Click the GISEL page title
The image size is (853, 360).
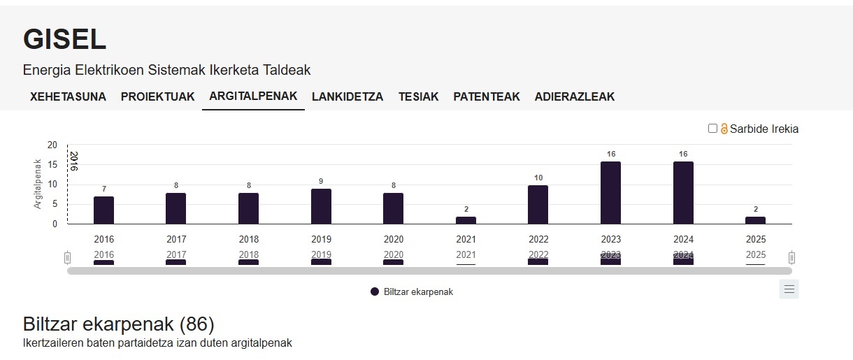point(64,40)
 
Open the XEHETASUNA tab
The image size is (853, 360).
point(68,97)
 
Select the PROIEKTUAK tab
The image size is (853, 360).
point(157,97)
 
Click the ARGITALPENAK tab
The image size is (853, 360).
point(253,96)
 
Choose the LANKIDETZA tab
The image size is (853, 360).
point(347,97)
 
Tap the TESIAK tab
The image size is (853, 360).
point(418,97)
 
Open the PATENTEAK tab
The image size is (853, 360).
point(487,97)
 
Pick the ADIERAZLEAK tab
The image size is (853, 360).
point(575,97)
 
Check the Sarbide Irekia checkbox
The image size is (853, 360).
point(712,129)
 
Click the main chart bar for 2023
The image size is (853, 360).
point(610,193)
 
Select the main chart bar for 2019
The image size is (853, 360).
point(321,206)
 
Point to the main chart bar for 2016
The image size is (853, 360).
point(103,210)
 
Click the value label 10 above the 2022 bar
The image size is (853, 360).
point(538,178)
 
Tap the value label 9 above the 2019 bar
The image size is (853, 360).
point(321,182)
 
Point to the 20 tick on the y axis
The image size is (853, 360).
point(52,145)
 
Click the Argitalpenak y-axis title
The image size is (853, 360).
point(38,185)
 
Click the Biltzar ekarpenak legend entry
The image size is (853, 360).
point(412,292)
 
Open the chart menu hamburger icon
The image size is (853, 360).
point(789,289)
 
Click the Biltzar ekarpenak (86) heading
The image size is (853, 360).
point(118,324)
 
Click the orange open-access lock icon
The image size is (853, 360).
point(724,129)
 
